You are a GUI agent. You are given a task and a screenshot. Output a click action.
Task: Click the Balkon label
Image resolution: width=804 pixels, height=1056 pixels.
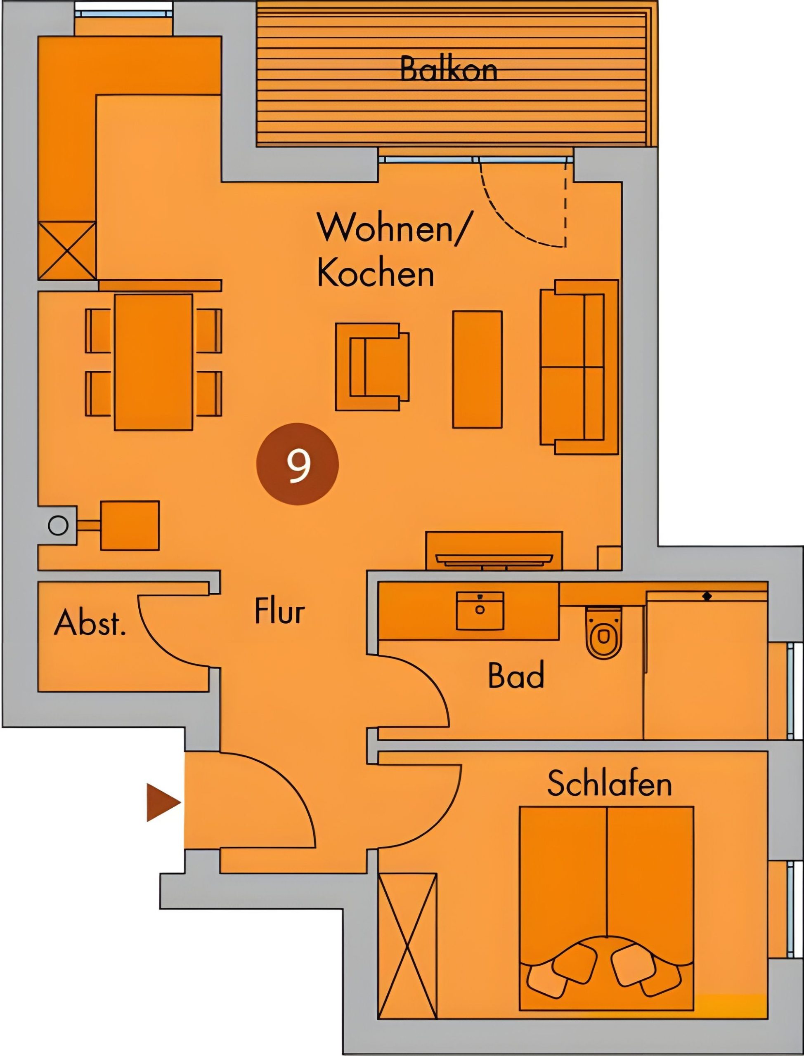448,69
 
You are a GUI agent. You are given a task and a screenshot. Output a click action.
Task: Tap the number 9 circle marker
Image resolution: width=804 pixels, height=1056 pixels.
297,464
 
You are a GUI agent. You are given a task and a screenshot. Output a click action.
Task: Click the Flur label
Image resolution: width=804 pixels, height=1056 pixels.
279,611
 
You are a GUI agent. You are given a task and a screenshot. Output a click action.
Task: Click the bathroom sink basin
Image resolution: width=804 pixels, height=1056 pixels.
480,611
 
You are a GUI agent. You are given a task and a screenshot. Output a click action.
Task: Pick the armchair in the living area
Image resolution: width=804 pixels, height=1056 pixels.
372,367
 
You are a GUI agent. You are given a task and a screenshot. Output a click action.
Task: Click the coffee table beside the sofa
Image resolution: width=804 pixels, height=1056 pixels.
477,369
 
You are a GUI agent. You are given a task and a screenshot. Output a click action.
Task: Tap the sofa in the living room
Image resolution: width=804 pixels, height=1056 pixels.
579,367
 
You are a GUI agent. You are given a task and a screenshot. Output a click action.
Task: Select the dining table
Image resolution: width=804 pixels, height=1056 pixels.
153,362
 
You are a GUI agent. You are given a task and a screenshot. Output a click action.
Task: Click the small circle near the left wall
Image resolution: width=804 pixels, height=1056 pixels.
58,526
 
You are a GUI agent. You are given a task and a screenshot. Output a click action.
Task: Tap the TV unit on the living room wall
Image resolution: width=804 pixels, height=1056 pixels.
494,551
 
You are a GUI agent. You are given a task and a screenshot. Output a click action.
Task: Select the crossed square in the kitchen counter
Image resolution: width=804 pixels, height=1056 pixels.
67,250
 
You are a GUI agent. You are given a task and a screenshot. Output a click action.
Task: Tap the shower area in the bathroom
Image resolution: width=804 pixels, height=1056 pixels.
706,665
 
